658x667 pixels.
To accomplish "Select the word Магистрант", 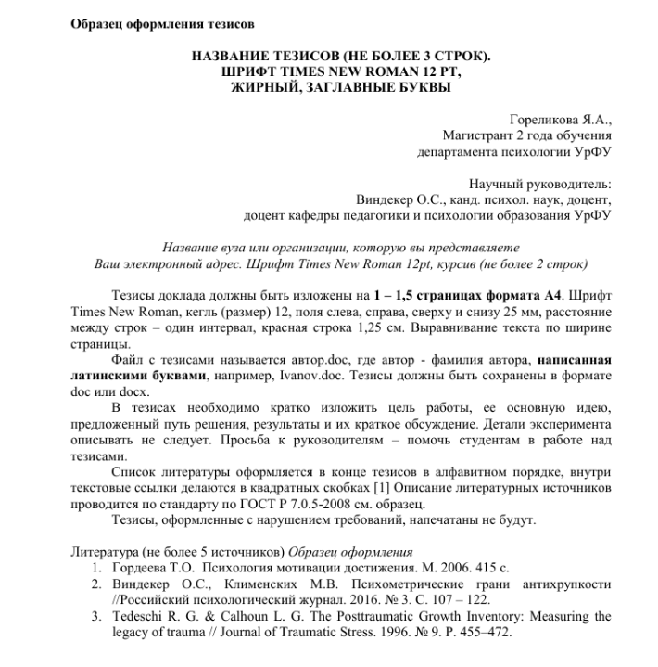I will (480, 135).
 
